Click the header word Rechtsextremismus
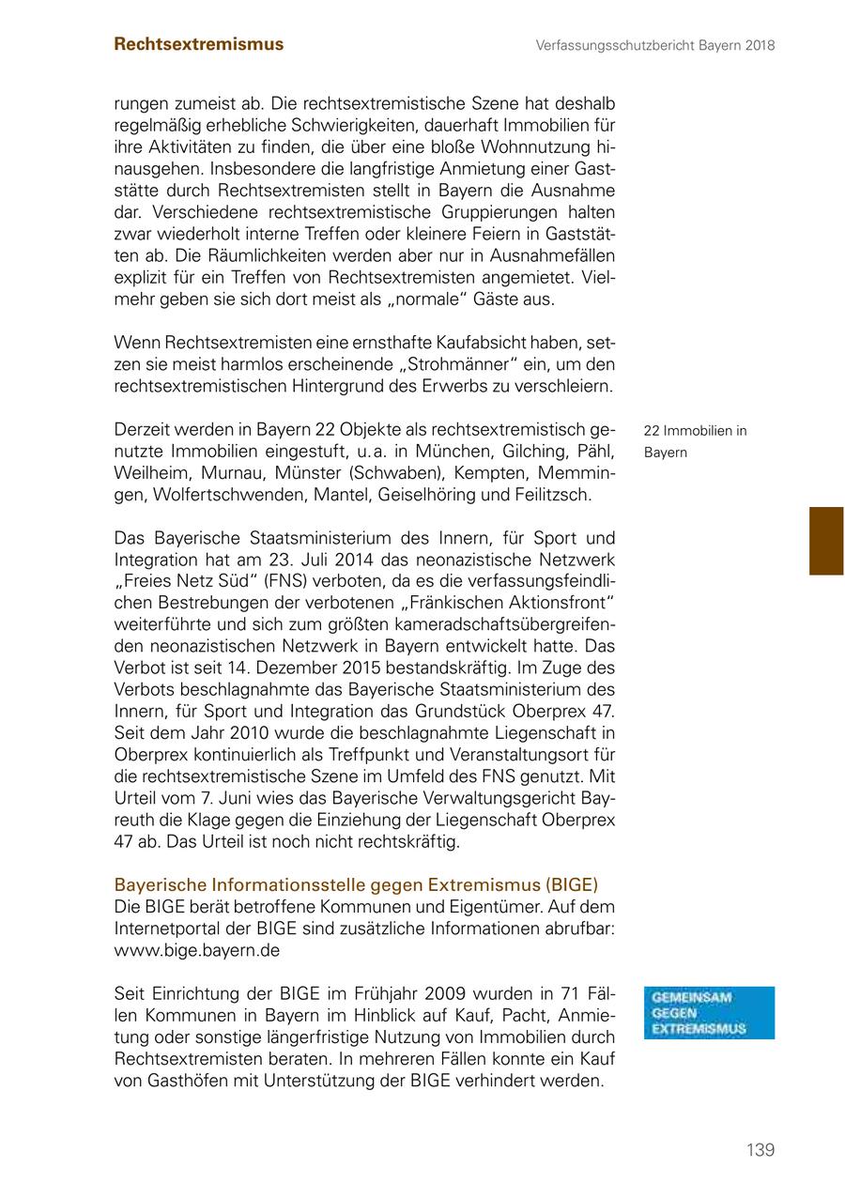pos(198,44)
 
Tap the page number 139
pos(760,1150)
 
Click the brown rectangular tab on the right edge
pos(826,541)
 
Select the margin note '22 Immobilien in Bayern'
pos(695,441)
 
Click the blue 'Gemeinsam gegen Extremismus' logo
pos(709,1013)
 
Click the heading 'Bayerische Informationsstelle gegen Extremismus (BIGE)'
pos(356,885)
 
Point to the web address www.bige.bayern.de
pos(196,949)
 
